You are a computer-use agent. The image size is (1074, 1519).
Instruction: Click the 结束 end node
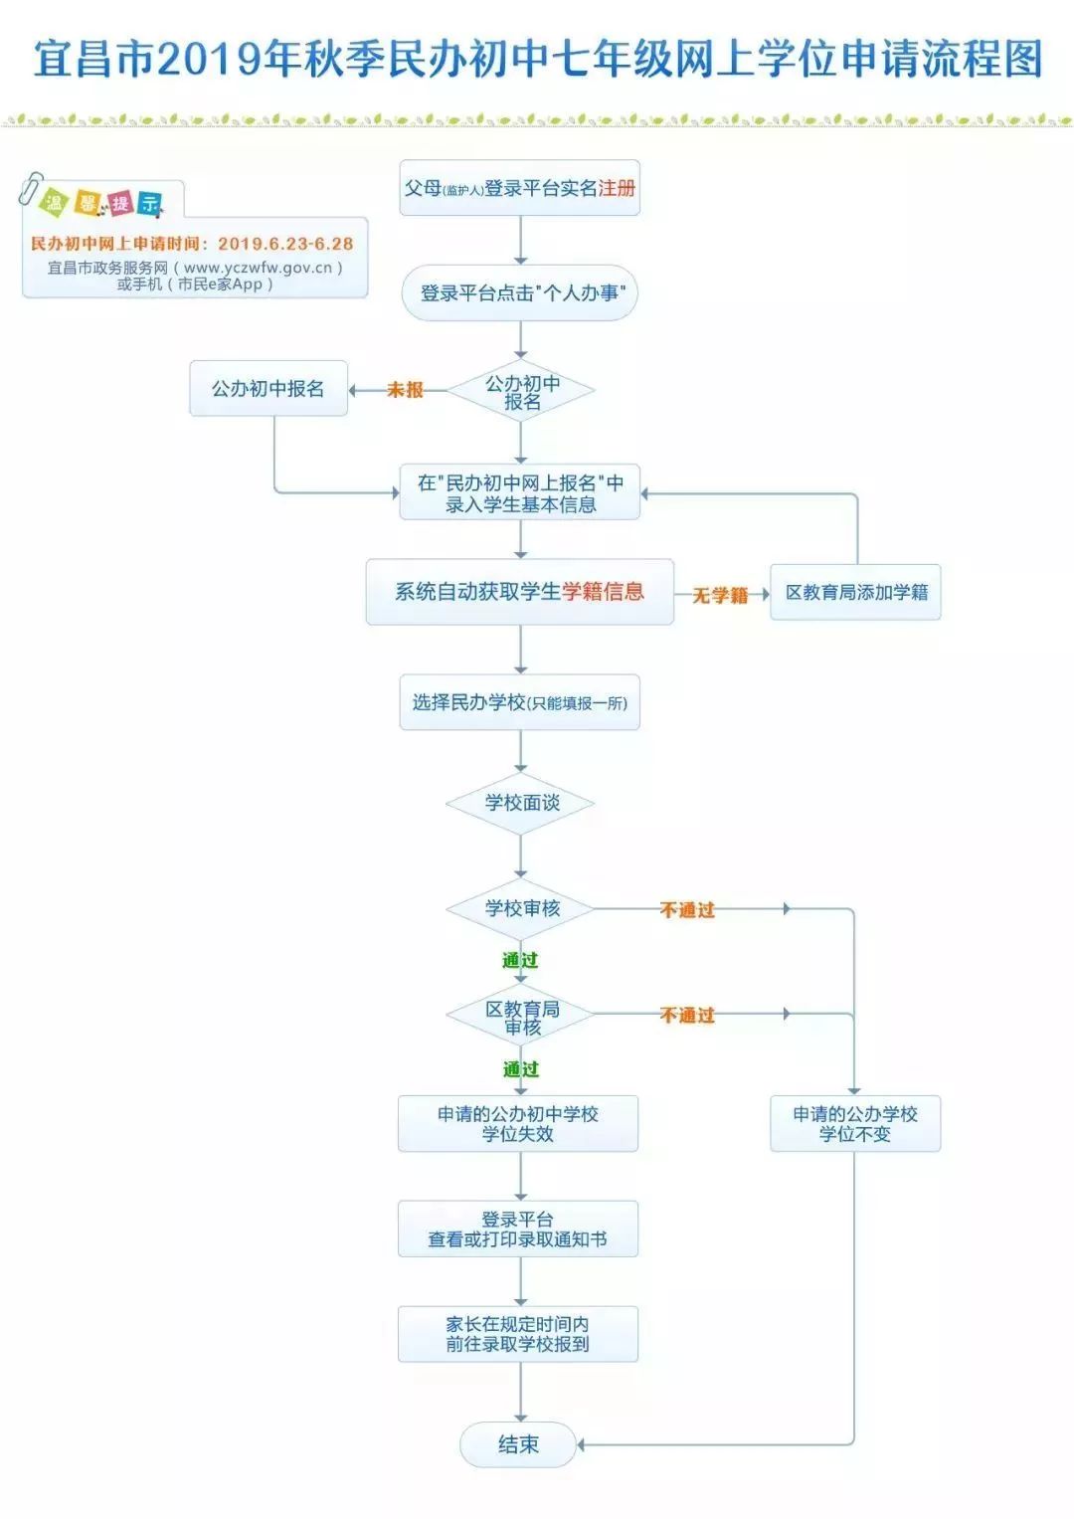(518, 1444)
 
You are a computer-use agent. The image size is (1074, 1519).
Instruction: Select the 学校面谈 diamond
(521, 803)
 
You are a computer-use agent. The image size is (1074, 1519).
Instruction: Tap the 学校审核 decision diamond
(521, 908)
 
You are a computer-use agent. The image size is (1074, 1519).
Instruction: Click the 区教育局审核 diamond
(521, 1017)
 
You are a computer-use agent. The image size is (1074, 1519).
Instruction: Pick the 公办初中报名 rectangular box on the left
(268, 389)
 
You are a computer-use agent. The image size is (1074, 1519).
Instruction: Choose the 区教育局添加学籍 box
(855, 593)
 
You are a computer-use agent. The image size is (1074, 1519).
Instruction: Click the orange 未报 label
(405, 390)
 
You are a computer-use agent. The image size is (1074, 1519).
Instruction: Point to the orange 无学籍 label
(720, 595)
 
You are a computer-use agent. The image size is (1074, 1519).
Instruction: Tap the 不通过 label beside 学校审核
(687, 910)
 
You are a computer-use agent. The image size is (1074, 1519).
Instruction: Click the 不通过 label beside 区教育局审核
(687, 1016)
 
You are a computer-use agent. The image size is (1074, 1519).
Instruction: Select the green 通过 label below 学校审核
(520, 960)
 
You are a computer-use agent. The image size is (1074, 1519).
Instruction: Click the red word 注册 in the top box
(617, 188)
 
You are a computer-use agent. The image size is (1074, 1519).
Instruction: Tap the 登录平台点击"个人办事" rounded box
(520, 293)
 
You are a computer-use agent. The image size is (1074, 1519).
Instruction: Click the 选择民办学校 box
(520, 703)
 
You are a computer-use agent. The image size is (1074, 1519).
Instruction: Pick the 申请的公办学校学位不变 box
(855, 1124)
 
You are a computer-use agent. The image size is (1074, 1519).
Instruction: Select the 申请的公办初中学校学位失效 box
(518, 1124)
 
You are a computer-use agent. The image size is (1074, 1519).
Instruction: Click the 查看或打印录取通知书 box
(518, 1230)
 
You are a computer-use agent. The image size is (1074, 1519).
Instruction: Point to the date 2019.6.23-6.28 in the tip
(285, 244)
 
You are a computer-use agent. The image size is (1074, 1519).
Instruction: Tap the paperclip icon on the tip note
(30, 188)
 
